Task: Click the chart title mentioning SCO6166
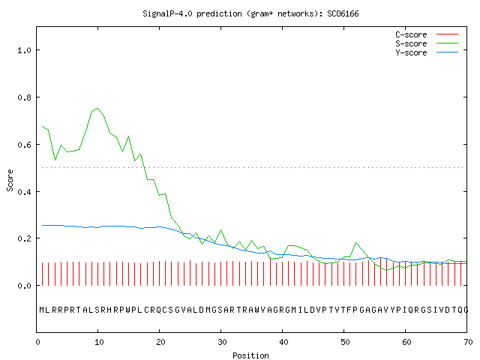(250, 13)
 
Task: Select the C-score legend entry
(411, 34)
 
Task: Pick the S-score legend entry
(411, 43)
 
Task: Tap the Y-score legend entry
(411, 52)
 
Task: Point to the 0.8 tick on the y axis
(25, 97)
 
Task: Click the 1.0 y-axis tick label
(25, 50)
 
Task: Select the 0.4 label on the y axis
(25, 192)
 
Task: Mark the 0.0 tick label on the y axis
(25, 286)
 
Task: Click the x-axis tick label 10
(99, 342)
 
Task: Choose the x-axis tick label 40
(283, 342)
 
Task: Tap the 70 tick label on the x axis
(468, 342)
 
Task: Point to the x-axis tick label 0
(37, 342)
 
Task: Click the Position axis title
(250, 355)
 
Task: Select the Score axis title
(10, 180)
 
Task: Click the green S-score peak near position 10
(97, 108)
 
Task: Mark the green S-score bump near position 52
(356, 243)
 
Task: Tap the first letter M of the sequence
(42, 310)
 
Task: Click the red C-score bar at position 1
(42, 274)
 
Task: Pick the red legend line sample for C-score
(447, 34)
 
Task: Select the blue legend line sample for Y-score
(447, 52)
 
